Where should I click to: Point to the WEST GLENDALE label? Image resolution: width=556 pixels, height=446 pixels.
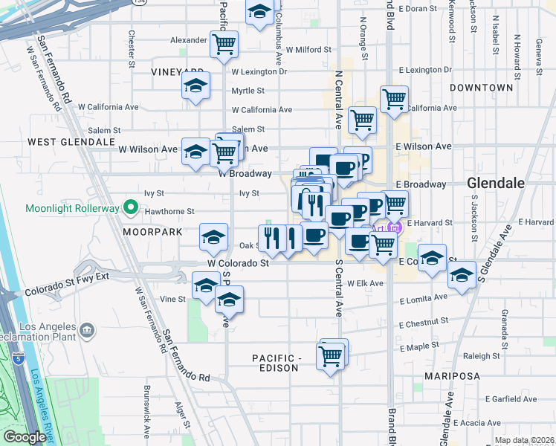pos(71,141)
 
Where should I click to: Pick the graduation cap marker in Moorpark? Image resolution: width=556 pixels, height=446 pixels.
pos(214,237)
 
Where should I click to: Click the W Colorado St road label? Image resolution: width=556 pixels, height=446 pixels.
pos(238,263)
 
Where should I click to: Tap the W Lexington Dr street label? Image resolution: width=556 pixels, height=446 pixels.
pos(259,72)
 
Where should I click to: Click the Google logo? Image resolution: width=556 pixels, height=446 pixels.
pos(25,437)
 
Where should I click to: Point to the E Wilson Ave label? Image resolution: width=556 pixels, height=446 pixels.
pos(424,146)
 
